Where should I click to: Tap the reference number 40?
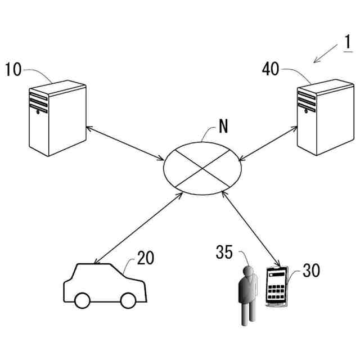point(271,70)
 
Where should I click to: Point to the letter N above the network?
point(223,127)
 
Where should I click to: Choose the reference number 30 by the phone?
point(311,270)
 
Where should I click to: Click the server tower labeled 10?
point(58,118)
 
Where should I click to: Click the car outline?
point(104,285)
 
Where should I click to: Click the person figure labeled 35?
point(245,295)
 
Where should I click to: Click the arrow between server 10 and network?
point(126,141)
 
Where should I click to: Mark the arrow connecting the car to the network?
point(138,228)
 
